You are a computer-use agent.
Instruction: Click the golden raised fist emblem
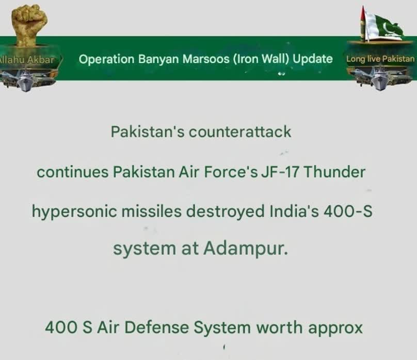point(29,25)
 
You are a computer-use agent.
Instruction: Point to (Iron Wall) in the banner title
point(262,59)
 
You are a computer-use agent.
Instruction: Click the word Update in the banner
point(313,59)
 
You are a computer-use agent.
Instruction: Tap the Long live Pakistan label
point(380,59)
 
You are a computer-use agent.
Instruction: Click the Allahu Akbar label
point(27,59)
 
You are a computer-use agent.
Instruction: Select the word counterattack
point(240,132)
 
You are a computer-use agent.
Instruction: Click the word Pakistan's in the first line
point(148,132)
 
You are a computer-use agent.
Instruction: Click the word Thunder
point(334,172)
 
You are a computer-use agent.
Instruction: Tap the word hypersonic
point(74,212)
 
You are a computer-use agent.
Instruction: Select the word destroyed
point(225,212)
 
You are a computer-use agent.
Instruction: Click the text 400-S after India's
point(348,211)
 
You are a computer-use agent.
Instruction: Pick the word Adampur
point(246,249)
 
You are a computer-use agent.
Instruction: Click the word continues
point(73,172)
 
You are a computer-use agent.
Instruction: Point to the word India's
point(294,211)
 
